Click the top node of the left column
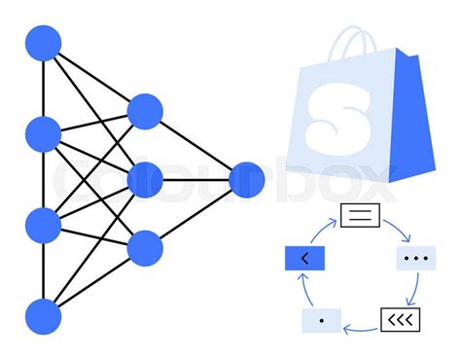tap(43, 44)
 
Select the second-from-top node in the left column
tap(43, 133)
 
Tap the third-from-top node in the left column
tap(43, 224)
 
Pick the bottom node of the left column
tap(43, 316)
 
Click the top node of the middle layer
tap(145, 111)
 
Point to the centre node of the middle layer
tap(145, 179)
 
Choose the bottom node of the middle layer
tap(145, 248)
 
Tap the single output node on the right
tap(246, 179)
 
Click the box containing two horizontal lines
tap(358, 215)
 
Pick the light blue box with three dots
tap(415, 259)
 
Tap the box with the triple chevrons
tap(399, 319)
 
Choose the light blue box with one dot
tap(322, 319)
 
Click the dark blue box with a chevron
tap(303, 259)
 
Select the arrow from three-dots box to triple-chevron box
tap(416, 289)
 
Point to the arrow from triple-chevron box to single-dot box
tap(360, 328)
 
